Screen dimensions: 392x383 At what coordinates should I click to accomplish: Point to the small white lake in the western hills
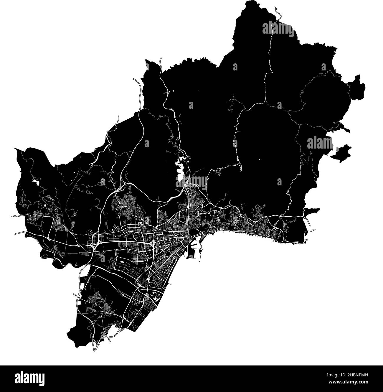pyautogui.click(x=36, y=182)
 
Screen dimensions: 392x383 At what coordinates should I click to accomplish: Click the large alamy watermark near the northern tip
pyautogui.click(x=278, y=29)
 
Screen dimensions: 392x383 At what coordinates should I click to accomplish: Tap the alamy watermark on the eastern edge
pyautogui.click(x=320, y=143)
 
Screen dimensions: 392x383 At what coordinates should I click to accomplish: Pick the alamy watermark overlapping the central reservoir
pyautogui.click(x=192, y=182)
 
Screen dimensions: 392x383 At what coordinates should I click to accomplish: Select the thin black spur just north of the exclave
pyautogui.click(x=345, y=128)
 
